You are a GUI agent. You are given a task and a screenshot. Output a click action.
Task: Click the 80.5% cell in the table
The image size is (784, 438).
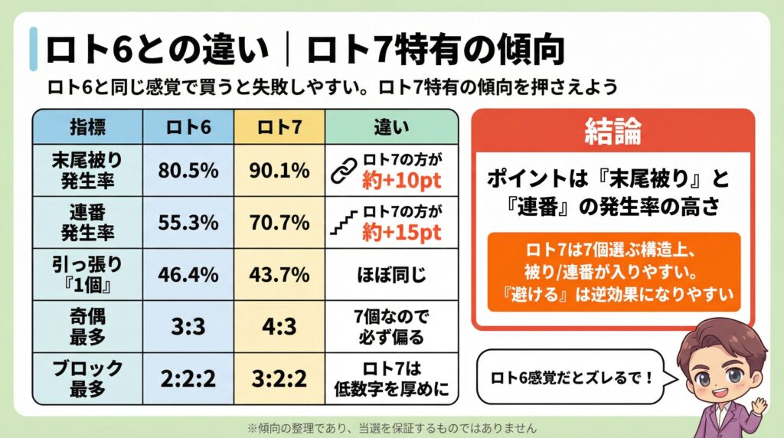[188, 171]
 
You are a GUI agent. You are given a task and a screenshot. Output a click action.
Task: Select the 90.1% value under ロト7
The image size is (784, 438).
[280, 171]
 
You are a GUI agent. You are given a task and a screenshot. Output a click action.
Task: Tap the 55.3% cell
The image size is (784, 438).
[188, 223]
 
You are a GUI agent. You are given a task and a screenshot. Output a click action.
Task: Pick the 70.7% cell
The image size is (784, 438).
[280, 223]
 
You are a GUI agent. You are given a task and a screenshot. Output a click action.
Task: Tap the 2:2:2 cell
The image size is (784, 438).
[188, 378]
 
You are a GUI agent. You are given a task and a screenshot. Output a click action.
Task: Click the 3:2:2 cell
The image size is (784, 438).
[280, 378]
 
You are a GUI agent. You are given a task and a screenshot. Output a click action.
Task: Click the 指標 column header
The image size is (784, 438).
[87, 126]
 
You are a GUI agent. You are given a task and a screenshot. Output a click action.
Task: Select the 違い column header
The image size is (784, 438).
[391, 126]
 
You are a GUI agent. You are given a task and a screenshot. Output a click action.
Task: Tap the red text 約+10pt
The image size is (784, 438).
[403, 181]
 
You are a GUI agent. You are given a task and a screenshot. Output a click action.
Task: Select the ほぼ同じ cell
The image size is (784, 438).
[391, 273]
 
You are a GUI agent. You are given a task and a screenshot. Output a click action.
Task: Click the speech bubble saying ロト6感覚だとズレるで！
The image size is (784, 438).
[567, 376]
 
